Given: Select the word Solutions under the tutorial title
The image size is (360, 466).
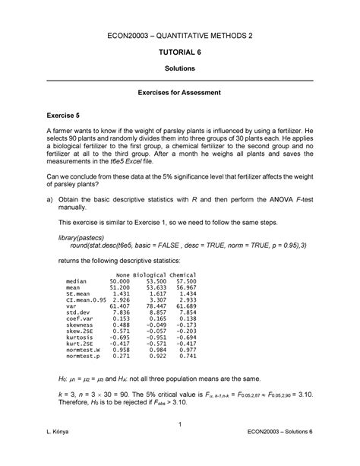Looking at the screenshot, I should point(179,68).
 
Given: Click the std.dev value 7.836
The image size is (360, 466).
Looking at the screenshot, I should point(122,312).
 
